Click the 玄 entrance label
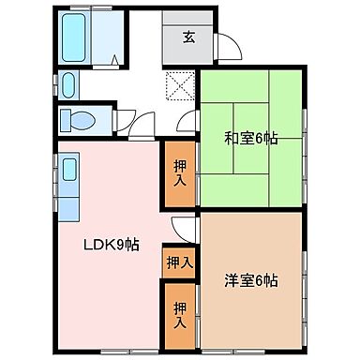click(188, 38)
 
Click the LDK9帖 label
click(111, 246)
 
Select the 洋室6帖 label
click(250, 279)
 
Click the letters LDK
click(97, 246)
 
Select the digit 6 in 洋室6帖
click(258, 279)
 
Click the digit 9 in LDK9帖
click(123, 246)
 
